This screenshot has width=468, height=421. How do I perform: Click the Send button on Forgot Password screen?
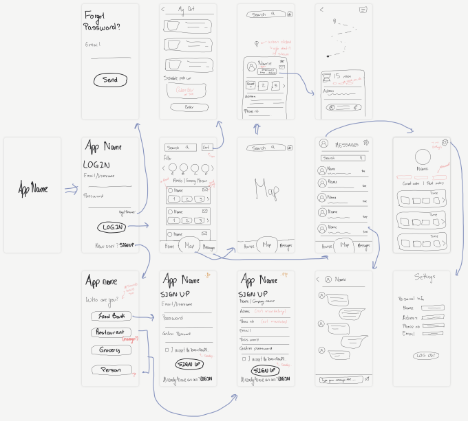pyautogui.click(x=109, y=80)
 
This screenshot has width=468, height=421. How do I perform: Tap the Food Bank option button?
pyautogui.click(x=110, y=316)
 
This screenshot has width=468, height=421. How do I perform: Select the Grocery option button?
pyautogui.click(x=110, y=350)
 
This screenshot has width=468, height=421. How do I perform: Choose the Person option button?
pyautogui.click(x=111, y=370)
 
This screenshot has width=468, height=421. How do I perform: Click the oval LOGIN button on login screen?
pyautogui.click(x=111, y=227)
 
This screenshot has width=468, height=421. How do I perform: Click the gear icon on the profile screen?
pyautogui.click(x=446, y=143)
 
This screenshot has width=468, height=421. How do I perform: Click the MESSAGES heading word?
pyautogui.click(x=346, y=144)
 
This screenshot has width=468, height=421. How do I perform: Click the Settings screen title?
pyautogui.click(x=424, y=277)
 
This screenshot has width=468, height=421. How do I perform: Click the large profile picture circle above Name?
pyautogui.click(x=421, y=156)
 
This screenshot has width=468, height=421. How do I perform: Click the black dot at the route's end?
pyautogui.click(x=328, y=54)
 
